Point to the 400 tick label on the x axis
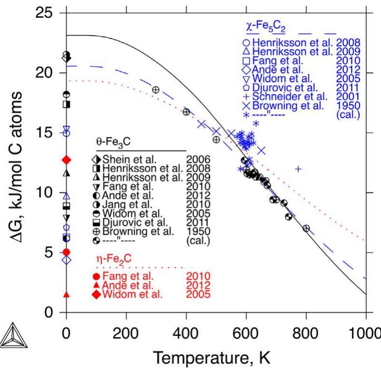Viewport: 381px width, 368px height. tap(186, 332)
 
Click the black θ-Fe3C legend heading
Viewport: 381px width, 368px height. tap(115, 143)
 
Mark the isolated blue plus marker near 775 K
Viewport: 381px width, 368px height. tap(298, 169)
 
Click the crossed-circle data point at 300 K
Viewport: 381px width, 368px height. tap(155, 90)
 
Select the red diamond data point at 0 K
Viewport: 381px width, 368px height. tap(67, 160)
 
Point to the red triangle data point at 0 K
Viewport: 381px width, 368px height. tap(67, 294)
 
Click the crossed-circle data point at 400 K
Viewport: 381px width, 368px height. tap(186, 112)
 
